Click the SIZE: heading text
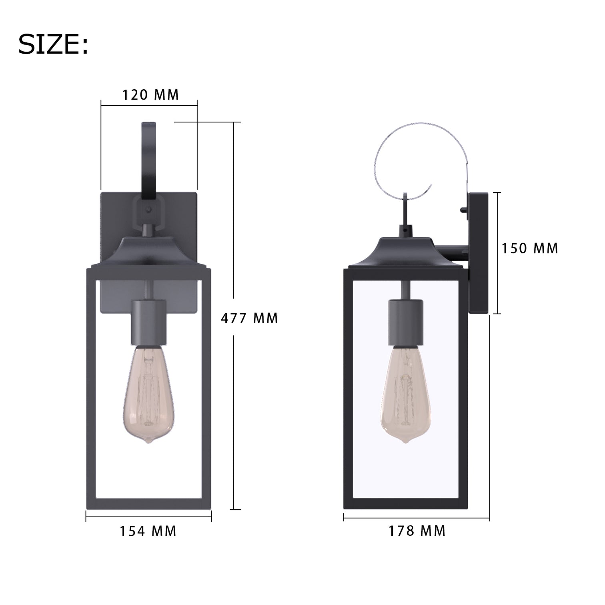(53, 45)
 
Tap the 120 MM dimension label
(150, 95)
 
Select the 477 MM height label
(249, 319)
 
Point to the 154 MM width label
(148, 531)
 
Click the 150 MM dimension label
(530, 248)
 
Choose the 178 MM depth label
(417, 531)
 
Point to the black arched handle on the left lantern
(149, 160)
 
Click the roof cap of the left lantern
(149, 252)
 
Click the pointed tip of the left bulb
(149, 442)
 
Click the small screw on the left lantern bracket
(149, 209)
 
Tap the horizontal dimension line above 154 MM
(148, 516)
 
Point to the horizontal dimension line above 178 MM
(417, 519)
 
